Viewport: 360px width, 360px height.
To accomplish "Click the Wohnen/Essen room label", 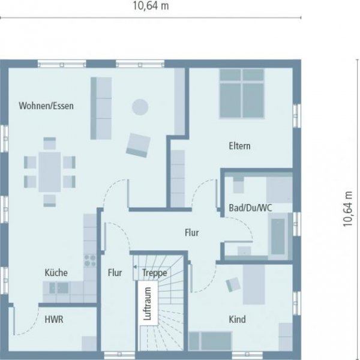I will [46, 106].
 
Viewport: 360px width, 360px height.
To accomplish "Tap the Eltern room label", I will [239, 146].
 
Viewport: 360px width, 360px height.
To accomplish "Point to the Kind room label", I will [237, 319].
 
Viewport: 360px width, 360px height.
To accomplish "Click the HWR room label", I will [53, 319].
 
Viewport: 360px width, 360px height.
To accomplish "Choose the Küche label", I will [56, 272].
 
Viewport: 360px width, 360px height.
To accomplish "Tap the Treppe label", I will [154, 272].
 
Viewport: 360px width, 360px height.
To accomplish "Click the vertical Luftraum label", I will [146, 305].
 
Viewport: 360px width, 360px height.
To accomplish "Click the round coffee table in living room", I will [140, 107].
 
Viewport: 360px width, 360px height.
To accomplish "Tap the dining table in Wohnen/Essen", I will [50, 171].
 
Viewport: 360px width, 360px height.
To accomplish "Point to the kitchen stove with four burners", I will [90, 260].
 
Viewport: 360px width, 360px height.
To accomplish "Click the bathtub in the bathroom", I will [278, 236].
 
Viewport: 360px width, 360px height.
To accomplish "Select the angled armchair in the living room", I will [137, 145].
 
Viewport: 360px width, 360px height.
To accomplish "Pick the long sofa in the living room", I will [101, 107].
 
